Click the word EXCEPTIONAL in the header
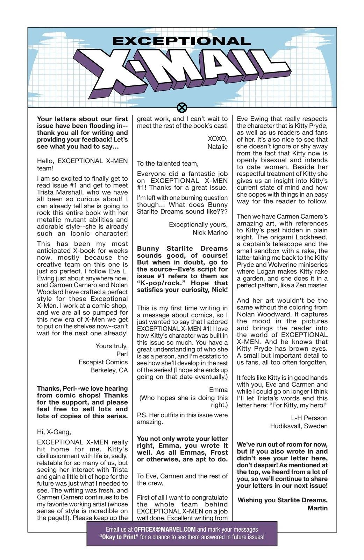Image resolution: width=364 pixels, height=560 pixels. (181, 41)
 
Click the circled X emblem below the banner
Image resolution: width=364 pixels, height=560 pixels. (182, 108)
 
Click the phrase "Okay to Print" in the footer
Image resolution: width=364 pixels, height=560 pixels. (119, 537)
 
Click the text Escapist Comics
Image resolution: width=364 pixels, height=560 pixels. (103, 362)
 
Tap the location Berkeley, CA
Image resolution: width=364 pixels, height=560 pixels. (109, 370)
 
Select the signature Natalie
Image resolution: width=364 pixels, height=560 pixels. (217, 147)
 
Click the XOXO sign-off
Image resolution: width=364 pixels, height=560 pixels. (217, 138)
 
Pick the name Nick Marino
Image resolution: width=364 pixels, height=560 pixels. (210, 232)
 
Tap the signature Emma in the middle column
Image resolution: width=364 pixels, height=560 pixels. (218, 390)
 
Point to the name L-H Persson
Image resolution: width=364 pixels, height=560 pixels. (309, 418)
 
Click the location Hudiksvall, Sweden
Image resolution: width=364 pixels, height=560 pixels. (299, 426)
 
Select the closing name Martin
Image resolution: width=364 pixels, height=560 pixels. (317, 508)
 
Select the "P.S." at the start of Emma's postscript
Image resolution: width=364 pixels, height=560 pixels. (142, 415)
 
